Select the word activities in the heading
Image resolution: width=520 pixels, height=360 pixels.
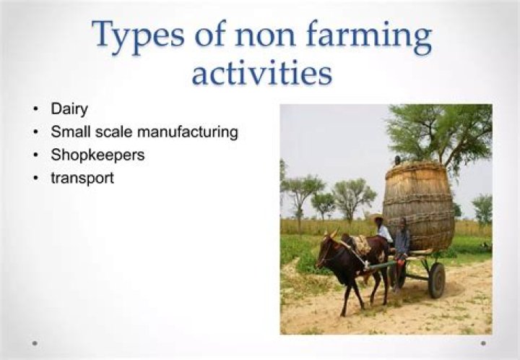[261, 74]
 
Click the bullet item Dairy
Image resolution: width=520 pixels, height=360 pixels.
[69, 109]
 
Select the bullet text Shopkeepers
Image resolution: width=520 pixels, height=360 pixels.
[97, 155]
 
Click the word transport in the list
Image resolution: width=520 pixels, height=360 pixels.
[82, 178]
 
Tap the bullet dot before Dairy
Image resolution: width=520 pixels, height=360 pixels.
[35, 110]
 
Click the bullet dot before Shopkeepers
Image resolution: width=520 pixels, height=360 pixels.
[35, 155]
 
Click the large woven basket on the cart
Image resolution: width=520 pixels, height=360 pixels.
[419, 206]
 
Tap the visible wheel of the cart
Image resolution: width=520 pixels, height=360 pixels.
[436, 280]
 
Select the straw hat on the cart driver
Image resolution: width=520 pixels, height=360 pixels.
[377, 217]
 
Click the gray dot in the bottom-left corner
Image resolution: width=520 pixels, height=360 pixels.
[35, 343]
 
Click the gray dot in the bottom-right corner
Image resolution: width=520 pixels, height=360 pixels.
[483, 343]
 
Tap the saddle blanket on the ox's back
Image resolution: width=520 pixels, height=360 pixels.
[360, 244]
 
